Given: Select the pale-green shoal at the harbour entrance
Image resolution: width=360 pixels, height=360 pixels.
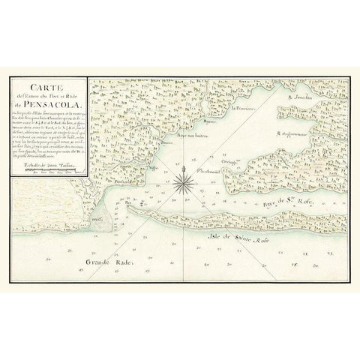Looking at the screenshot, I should (105, 220).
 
